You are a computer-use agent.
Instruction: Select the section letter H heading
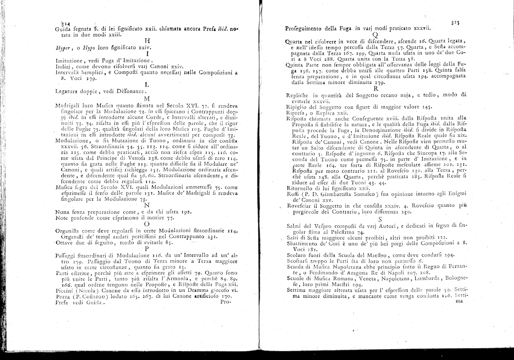pyautogui.click(x=147, y=41)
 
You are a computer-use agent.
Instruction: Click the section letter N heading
pyautogui.click(x=147, y=205)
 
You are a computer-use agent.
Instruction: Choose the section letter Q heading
pyautogui.click(x=375, y=35)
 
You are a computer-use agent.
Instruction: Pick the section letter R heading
pyautogui.click(x=377, y=89)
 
